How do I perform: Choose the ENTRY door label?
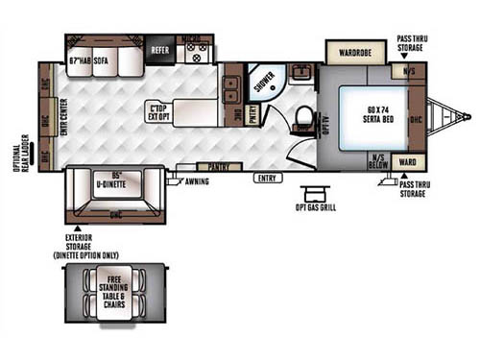269,178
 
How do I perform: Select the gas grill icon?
313,194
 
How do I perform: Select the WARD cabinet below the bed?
408,161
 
